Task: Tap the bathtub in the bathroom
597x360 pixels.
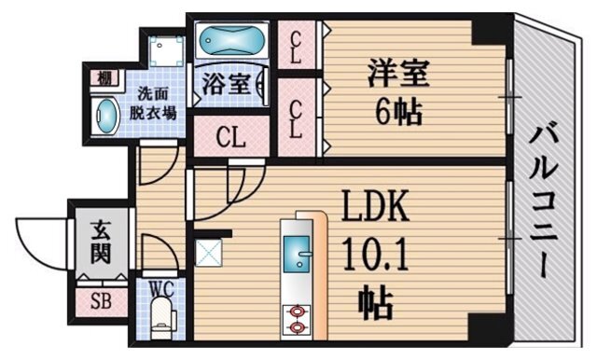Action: click(230, 43)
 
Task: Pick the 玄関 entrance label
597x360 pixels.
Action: click(99, 241)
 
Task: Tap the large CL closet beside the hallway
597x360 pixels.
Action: click(229, 138)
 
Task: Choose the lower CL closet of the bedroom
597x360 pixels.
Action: click(296, 117)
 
